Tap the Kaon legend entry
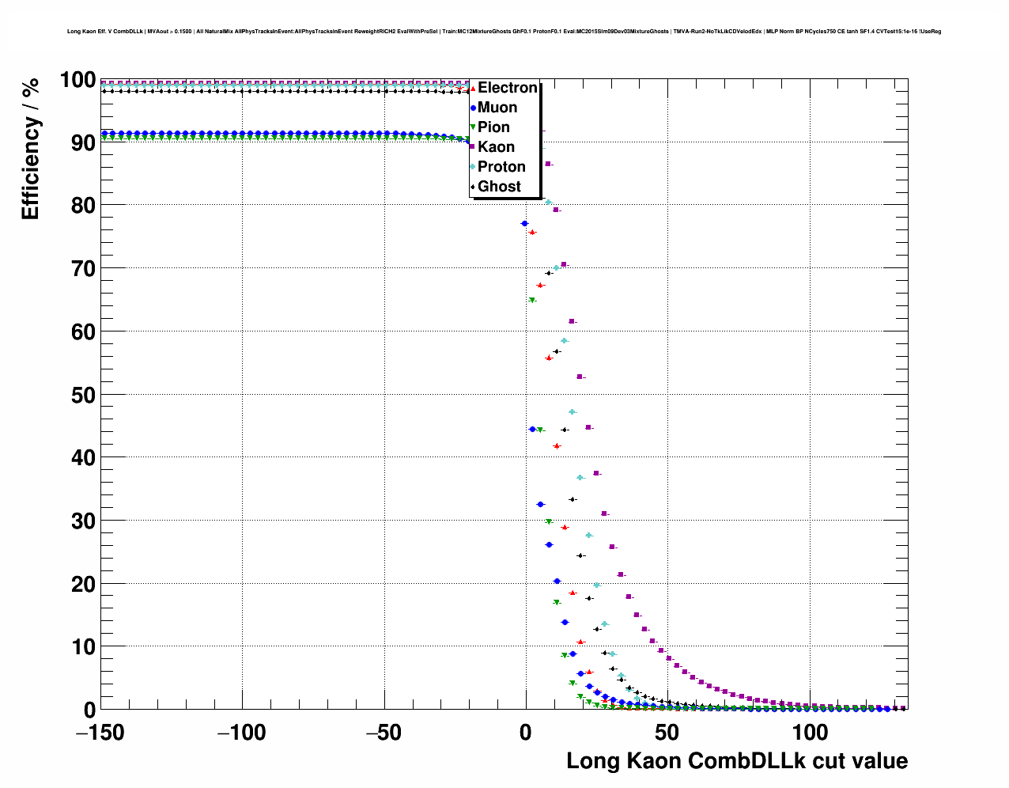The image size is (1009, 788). (496, 147)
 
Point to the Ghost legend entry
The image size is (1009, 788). (499, 187)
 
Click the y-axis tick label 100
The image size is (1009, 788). (77, 80)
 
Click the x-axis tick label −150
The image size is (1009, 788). (100, 733)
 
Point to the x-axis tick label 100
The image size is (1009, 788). (809, 733)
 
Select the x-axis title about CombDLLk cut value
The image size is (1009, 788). (737, 761)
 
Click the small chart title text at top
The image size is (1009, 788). (504, 32)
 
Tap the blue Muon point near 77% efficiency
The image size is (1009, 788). (524, 224)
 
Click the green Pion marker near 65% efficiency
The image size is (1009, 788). (532, 301)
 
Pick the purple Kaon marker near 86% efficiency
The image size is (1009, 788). (548, 164)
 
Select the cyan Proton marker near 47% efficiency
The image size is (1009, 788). (573, 412)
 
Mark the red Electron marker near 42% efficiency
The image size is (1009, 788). (557, 446)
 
